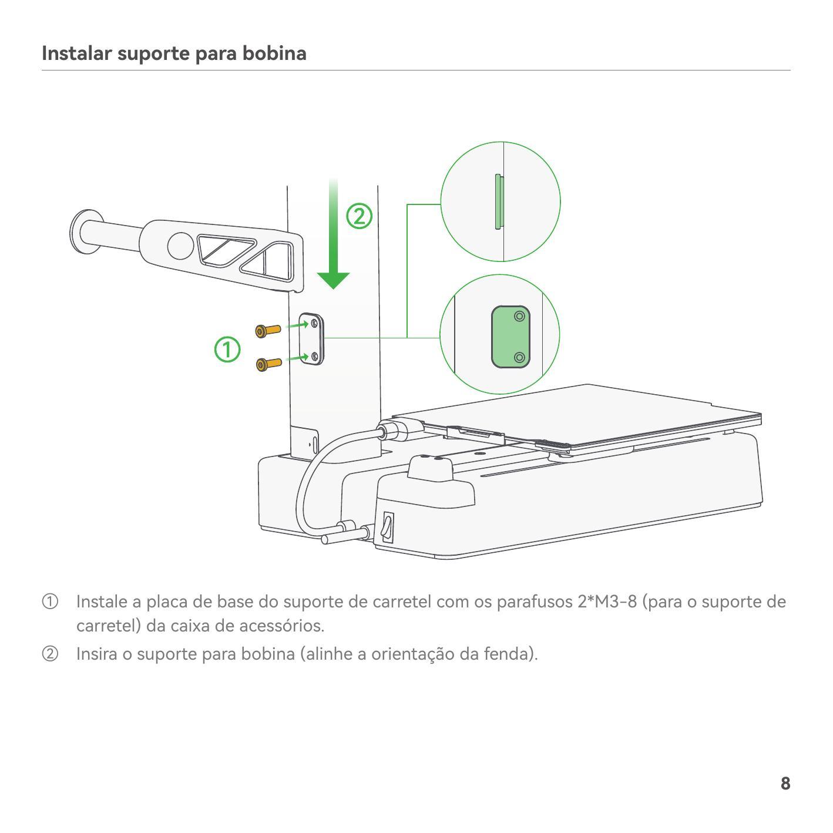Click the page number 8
pos(785,783)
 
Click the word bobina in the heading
pos(274,53)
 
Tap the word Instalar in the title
pos(76,53)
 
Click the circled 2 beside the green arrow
pos(359,216)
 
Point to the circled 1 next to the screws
pos(227,350)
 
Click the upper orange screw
pos(268,331)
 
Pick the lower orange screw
pos(268,364)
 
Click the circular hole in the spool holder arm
pos(180,246)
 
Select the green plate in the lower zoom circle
pos(510,337)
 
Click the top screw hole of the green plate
pos(519,317)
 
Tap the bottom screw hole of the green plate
pos(520,358)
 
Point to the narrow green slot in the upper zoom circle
pos(499,201)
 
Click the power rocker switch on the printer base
pos(387,527)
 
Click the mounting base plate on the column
pos(311,340)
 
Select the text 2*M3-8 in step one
pos(607,602)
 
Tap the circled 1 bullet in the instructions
pos(50,602)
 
